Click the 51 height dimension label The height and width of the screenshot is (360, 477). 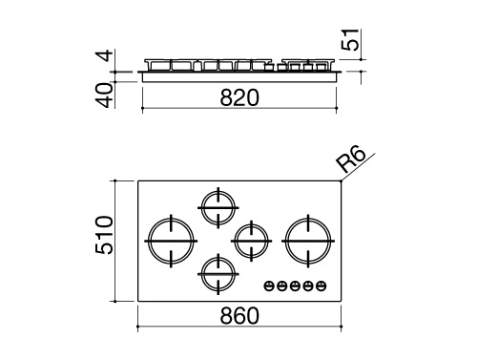351,41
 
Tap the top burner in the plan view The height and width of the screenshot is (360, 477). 218,203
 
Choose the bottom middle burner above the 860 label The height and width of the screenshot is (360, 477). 218,273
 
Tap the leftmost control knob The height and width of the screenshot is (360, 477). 271,285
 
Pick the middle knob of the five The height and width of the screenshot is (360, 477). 295,285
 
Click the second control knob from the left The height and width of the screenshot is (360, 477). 283,285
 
